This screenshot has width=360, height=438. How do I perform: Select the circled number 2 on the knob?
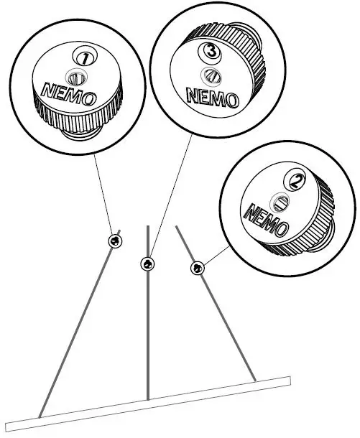(x=294, y=177)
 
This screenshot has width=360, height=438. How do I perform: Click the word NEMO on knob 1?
(x=66, y=93)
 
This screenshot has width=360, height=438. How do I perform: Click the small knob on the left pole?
(x=114, y=240)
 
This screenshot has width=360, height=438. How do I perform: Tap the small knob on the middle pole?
(x=147, y=264)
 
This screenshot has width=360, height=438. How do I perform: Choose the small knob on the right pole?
(x=198, y=268)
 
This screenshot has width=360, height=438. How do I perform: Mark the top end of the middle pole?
(x=147, y=228)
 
